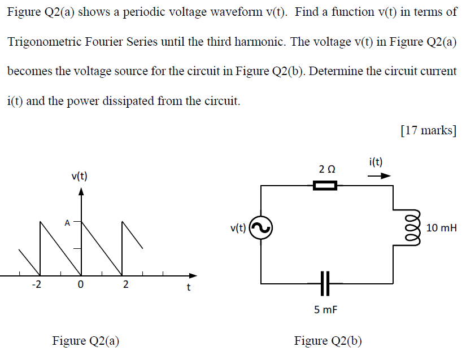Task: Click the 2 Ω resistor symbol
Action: pyautogui.click(x=325, y=186)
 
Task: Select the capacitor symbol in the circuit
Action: pyautogui.click(x=326, y=282)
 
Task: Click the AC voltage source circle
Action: pyautogui.click(x=262, y=228)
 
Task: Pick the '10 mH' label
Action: pyautogui.click(x=442, y=228)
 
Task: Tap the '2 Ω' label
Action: pyautogui.click(x=326, y=168)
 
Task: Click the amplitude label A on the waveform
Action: pyautogui.click(x=67, y=222)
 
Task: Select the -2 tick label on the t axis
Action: pyautogui.click(x=36, y=285)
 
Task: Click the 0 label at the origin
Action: pyautogui.click(x=81, y=285)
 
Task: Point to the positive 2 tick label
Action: pyautogui.click(x=125, y=285)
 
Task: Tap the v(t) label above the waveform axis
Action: pyautogui.click(x=79, y=176)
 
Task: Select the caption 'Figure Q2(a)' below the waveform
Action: pyautogui.click(x=86, y=341)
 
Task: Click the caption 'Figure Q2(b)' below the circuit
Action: pyautogui.click(x=328, y=341)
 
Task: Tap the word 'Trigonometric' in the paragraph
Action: pyautogui.click(x=43, y=42)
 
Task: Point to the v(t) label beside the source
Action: pyautogui.click(x=238, y=228)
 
